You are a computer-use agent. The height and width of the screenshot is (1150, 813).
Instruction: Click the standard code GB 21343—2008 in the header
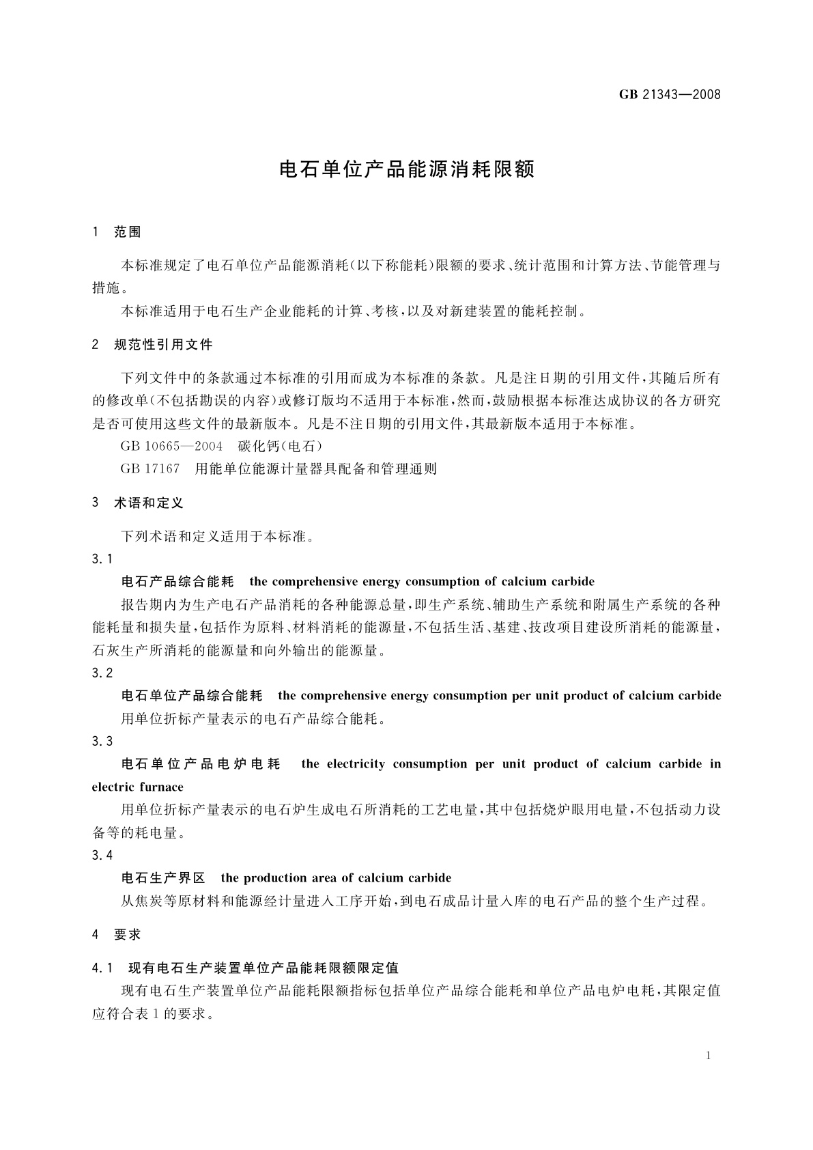(x=670, y=94)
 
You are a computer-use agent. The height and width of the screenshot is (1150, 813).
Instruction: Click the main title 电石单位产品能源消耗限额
(x=407, y=169)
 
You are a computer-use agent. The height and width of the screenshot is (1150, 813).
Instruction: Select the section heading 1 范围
(x=116, y=232)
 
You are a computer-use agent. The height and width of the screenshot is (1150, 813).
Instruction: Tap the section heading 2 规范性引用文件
(x=152, y=345)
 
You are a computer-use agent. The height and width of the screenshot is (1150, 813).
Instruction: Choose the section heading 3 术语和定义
(x=138, y=503)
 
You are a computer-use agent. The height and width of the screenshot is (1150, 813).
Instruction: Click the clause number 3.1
(x=102, y=559)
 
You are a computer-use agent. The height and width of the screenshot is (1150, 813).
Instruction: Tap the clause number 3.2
(x=102, y=673)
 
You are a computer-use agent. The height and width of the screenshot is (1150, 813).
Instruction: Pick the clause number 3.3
(x=102, y=742)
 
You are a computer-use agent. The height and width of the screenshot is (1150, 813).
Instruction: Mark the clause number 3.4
(x=102, y=856)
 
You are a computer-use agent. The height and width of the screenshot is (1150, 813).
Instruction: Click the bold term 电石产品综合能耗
(x=177, y=582)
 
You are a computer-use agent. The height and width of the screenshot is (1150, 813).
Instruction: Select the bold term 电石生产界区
(x=163, y=878)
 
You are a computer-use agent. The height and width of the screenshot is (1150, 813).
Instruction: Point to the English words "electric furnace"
(x=138, y=787)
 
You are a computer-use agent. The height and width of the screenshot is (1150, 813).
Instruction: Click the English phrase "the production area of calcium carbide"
(x=336, y=878)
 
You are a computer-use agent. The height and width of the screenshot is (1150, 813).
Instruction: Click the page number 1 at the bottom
(x=708, y=1056)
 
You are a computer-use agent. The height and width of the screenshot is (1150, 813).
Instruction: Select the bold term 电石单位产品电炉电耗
(x=201, y=764)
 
